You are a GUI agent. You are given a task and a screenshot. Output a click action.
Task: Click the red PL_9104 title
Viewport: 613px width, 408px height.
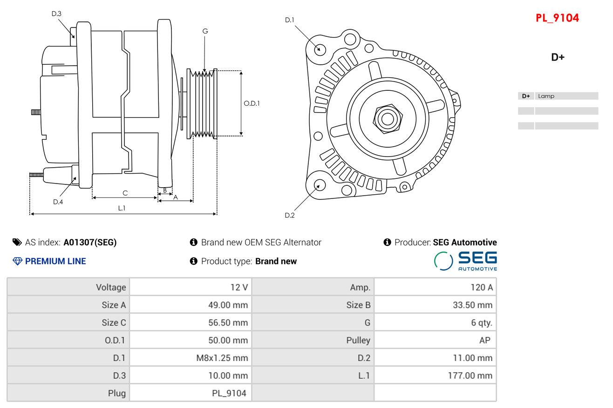pos(557,18)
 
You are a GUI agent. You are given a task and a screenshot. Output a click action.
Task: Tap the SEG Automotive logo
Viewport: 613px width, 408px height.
pos(465,261)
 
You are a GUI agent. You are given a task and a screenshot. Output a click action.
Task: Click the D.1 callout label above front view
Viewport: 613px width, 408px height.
pos(290,20)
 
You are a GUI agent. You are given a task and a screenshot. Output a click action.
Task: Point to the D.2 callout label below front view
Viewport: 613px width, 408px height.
pos(290,215)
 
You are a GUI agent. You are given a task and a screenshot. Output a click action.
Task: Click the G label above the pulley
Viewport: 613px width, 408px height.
pos(205,31)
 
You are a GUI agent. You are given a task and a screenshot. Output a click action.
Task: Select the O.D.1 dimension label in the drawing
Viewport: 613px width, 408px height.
pos(252,103)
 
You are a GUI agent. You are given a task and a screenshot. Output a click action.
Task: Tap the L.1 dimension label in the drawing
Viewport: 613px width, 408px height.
pos(122,208)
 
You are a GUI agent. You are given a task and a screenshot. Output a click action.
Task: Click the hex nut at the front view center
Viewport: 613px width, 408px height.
pos(387,118)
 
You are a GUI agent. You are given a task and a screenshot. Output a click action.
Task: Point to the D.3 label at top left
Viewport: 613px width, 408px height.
pos(56,14)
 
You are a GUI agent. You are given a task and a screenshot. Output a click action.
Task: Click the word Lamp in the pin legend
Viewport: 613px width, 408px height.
pos(546,96)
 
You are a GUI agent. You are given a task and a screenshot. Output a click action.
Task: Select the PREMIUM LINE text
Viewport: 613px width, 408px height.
pos(55,261)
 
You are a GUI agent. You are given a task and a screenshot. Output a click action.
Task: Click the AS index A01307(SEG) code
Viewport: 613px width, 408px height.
pos(90,242)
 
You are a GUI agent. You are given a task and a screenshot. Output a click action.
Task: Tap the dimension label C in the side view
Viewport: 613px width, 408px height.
pos(125,193)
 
